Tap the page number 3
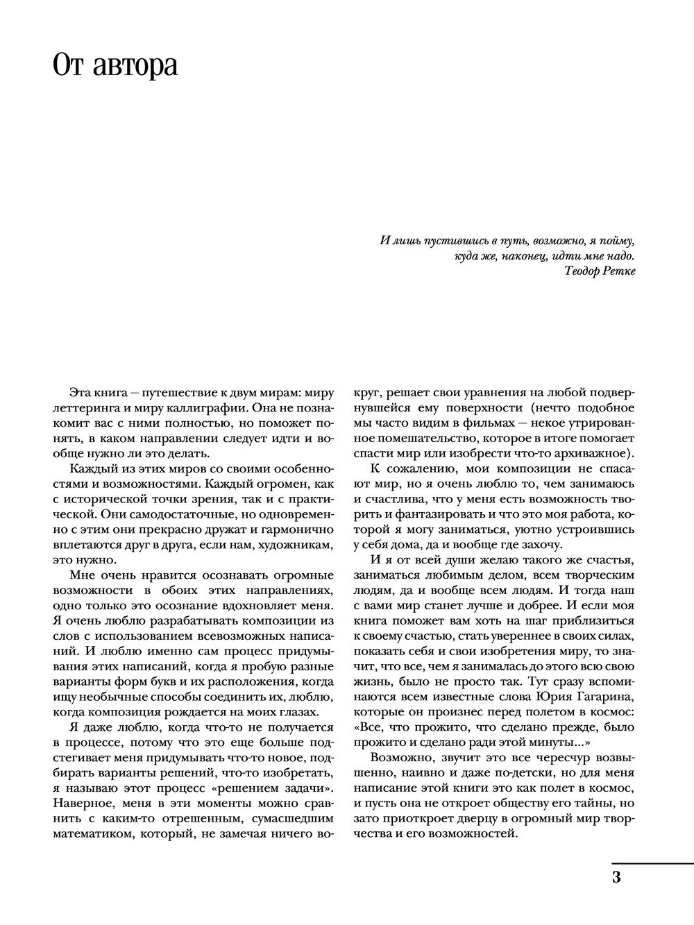coord(616,876)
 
